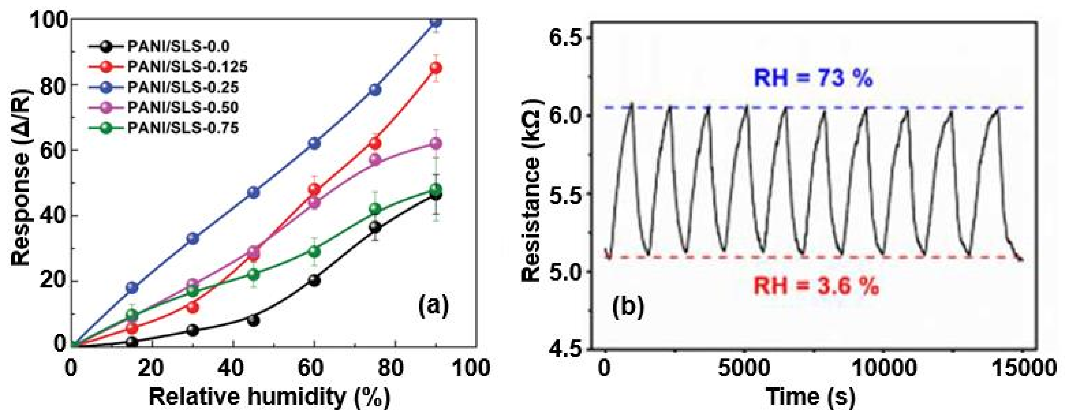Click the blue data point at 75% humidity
[x=375, y=90]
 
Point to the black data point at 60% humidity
[x=314, y=280]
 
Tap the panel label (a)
[x=433, y=306]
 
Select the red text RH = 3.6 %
[x=816, y=286]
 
